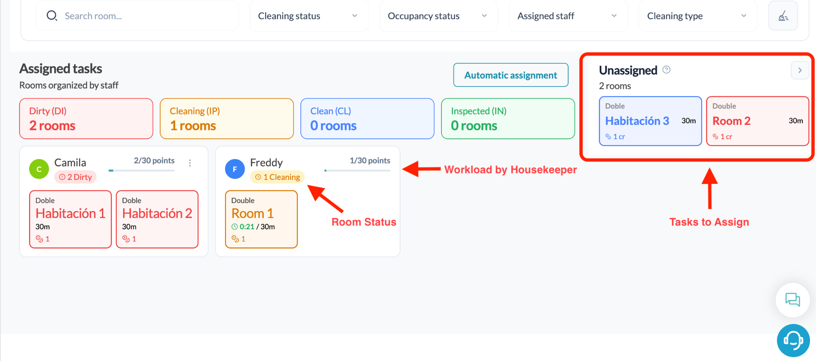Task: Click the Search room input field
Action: (137, 16)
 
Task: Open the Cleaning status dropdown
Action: (309, 16)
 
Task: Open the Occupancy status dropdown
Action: (438, 16)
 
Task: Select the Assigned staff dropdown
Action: (568, 16)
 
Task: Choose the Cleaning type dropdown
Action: (698, 16)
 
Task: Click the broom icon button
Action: (783, 16)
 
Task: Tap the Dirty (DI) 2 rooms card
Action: (86, 118)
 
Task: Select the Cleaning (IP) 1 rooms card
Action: (227, 118)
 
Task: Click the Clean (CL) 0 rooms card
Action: (367, 118)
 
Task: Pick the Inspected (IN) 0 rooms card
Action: (508, 118)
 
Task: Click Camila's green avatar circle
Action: (39, 169)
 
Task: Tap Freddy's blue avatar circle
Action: (235, 169)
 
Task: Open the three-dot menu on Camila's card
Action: (190, 163)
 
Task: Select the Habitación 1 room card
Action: (71, 219)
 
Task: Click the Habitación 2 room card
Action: (157, 219)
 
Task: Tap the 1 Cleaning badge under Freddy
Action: (277, 177)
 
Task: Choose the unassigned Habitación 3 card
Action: (650, 121)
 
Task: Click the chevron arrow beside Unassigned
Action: (800, 70)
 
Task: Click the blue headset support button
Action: (793, 340)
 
